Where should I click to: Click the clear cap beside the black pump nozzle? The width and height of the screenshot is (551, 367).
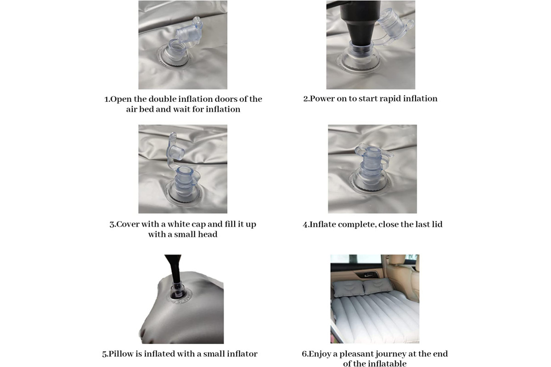coord(394,25)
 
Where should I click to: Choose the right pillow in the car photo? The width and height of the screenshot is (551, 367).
coord(377,286)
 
